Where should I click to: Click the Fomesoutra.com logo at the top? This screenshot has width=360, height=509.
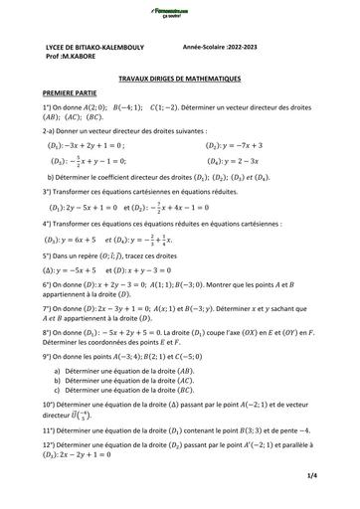tap(179, 12)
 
